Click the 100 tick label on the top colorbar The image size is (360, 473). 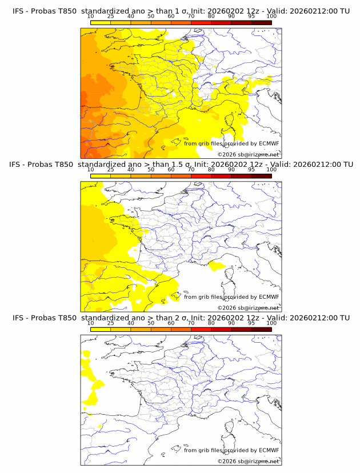(x=271, y=16)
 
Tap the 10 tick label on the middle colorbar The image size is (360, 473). (x=90, y=169)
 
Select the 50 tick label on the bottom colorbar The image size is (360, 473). (x=151, y=323)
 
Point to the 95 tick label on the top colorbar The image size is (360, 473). (x=251, y=16)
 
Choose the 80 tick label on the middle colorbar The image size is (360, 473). (x=211, y=169)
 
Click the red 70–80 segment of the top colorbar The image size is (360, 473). (x=201, y=22)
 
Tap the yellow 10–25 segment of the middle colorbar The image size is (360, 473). (x=101, y=175)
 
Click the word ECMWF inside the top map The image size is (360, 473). (x=269, y=144)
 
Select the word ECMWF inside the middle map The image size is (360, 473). (x=269, y=297)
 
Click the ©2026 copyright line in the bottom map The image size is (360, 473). (x=248, y=461)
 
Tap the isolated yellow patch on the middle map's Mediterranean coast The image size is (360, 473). (x=217, y=264)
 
